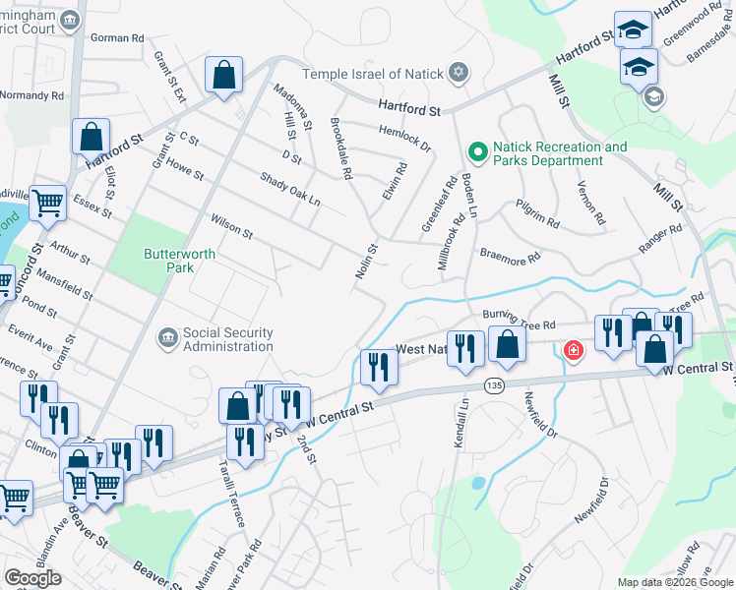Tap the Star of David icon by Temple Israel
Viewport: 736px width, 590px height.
[x=458, y=74]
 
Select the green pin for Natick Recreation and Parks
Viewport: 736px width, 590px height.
[x=478, y=152]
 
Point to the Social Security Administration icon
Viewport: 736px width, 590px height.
[x=166, y=338]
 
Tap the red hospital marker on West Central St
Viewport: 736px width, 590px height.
[x=572, y=349]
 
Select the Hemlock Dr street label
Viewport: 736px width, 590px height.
[x=404, y=136]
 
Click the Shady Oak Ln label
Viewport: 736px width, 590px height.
[x=290, y=188]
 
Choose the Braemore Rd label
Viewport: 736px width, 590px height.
[x=510, y=257]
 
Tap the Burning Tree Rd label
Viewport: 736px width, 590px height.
[x=520, y=320]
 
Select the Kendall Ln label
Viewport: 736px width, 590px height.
[x=460, y=424]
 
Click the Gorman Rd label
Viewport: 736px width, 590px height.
[x=117, y=37]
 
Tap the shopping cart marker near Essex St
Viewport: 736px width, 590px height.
[x=47, y=204]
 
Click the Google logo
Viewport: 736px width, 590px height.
[x=32, y=578]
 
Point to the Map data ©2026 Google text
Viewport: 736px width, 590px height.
[x=674, y=582]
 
